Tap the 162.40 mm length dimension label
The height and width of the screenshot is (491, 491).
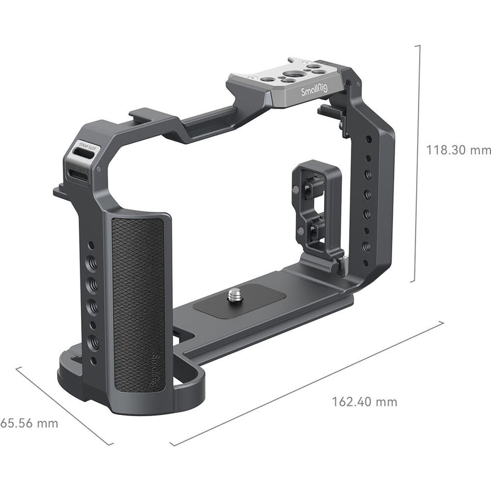(x=365, y=402)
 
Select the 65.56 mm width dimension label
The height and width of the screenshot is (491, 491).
(x=29, y=423)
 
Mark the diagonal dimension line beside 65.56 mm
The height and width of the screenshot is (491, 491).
(x=64, y=405)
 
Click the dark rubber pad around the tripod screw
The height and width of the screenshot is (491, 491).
(x=242, y=300)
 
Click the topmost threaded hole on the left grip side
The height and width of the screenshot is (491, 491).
(x=91, y=245)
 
